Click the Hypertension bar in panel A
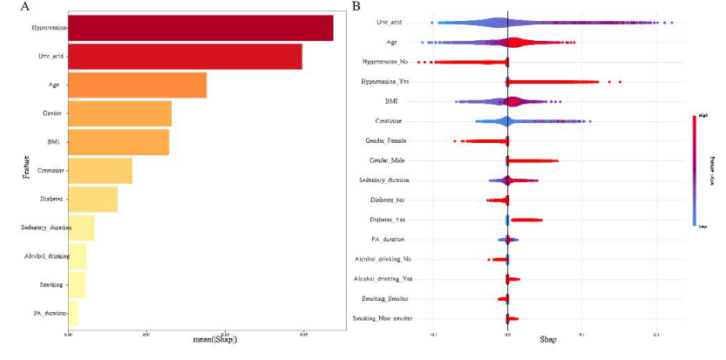[x=200, y=28]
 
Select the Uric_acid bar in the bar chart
[x=185, y=57]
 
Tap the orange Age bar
[x=137, y=85]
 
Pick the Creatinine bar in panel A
[x=100, y=171]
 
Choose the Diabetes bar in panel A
[x=92, y=199]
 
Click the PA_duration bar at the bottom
[x=73, y=313]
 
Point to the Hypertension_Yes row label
[x=385, y=82]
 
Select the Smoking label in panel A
[x=49, y=284]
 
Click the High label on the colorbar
[x=699, y=116]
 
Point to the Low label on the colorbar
[x=699, y=224]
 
